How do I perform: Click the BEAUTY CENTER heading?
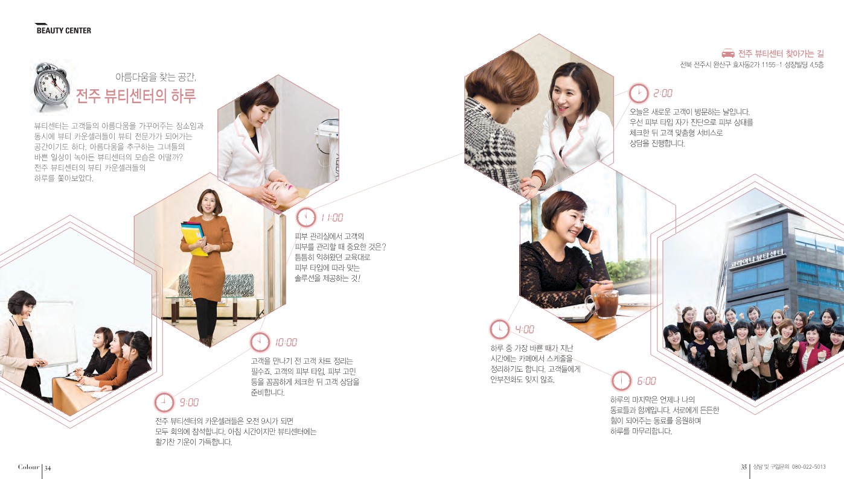[63, 31]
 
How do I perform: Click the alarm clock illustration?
[51, 86]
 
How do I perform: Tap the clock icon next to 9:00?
[164, 402]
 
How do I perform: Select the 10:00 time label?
[286, 342]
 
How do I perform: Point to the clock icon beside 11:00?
[306, 217]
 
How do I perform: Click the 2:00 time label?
[663, 93]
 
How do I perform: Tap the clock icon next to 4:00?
[499, 329]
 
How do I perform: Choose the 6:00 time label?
[647, 381]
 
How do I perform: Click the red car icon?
[728, 53]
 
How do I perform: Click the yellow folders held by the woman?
[194, 239]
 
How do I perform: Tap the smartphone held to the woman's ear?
[586, 233]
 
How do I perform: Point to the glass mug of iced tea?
[604, 304]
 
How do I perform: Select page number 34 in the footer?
[48, 468]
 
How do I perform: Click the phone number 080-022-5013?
[808, 467]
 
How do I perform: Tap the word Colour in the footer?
[28, 467]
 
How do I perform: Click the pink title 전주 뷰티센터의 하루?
[136, 96]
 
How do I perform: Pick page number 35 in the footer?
[744, 467]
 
